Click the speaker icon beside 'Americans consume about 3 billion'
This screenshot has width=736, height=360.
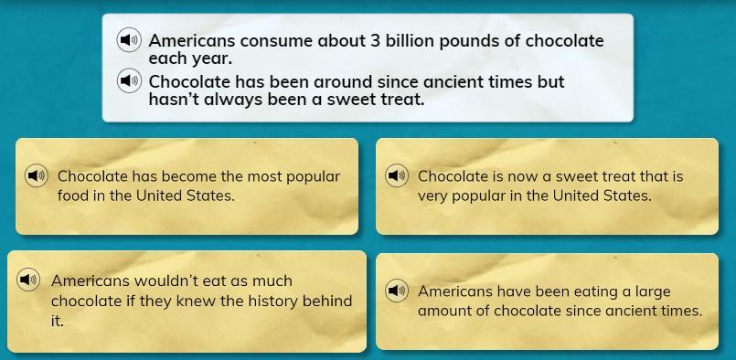pos(129,40)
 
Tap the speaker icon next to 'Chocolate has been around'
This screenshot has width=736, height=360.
pos(129,81)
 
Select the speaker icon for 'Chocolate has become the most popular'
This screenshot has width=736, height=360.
pos(37,176)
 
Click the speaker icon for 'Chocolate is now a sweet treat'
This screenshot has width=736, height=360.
pos(397,176)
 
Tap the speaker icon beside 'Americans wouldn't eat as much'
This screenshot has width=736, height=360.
pos(28,281)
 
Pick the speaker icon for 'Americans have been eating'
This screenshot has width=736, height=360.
pos(397,291)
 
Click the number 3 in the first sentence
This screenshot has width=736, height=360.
pos(375,41)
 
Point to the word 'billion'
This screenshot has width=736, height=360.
pos(407,41)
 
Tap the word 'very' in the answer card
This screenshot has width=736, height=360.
pos(431,196)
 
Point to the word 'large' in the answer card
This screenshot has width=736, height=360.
pos(653,292)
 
